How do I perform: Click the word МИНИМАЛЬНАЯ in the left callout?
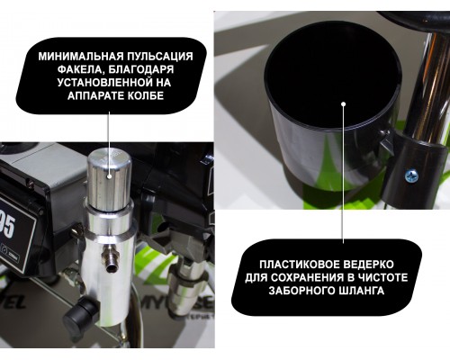pos(81,56)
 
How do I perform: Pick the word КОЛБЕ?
pos(146,95)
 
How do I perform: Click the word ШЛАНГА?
pos(363,291)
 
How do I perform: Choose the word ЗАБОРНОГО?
pos(303,291)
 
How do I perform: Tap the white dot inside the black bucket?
pos(344,104)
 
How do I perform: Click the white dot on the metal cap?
pos(110,176)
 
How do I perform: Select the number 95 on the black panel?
pos(7,227)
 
